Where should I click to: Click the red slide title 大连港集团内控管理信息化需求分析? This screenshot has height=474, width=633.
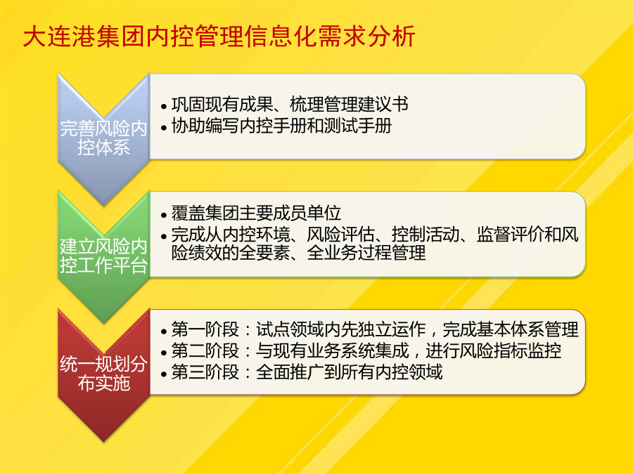tap(219, 37)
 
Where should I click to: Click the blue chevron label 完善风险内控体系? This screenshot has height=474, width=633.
tap(103, 138)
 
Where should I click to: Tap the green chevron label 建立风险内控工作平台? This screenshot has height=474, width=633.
tap(103, 256)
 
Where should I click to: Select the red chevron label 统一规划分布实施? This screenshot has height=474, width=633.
tap(103, 374)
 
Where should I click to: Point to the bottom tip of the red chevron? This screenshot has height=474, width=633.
tap(104, 442)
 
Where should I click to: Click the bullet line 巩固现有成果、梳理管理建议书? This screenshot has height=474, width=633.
tap(290, 105)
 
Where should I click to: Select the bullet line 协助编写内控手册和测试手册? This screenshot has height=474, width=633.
tap(281, 126)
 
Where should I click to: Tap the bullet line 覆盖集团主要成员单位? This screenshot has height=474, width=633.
tap(256, 213)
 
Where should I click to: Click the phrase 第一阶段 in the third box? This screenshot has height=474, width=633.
tap(205, 330)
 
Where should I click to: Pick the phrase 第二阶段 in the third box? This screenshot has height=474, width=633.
tap(205, 350)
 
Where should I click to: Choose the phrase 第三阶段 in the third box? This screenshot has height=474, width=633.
tap(205, 372)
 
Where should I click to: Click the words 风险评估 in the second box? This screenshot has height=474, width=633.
tap(340, 235)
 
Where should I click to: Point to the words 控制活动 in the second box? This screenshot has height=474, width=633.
tap(425, 235)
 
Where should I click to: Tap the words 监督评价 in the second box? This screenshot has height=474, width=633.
tap(511, 235)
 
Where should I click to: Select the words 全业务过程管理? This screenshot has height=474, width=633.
tap(366, 253)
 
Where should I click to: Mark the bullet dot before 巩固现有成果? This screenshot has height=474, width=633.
tap(163, 107)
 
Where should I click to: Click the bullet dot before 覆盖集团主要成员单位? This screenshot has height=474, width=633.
tap(163, 216)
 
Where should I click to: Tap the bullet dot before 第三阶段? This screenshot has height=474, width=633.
tap(163, 374)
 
